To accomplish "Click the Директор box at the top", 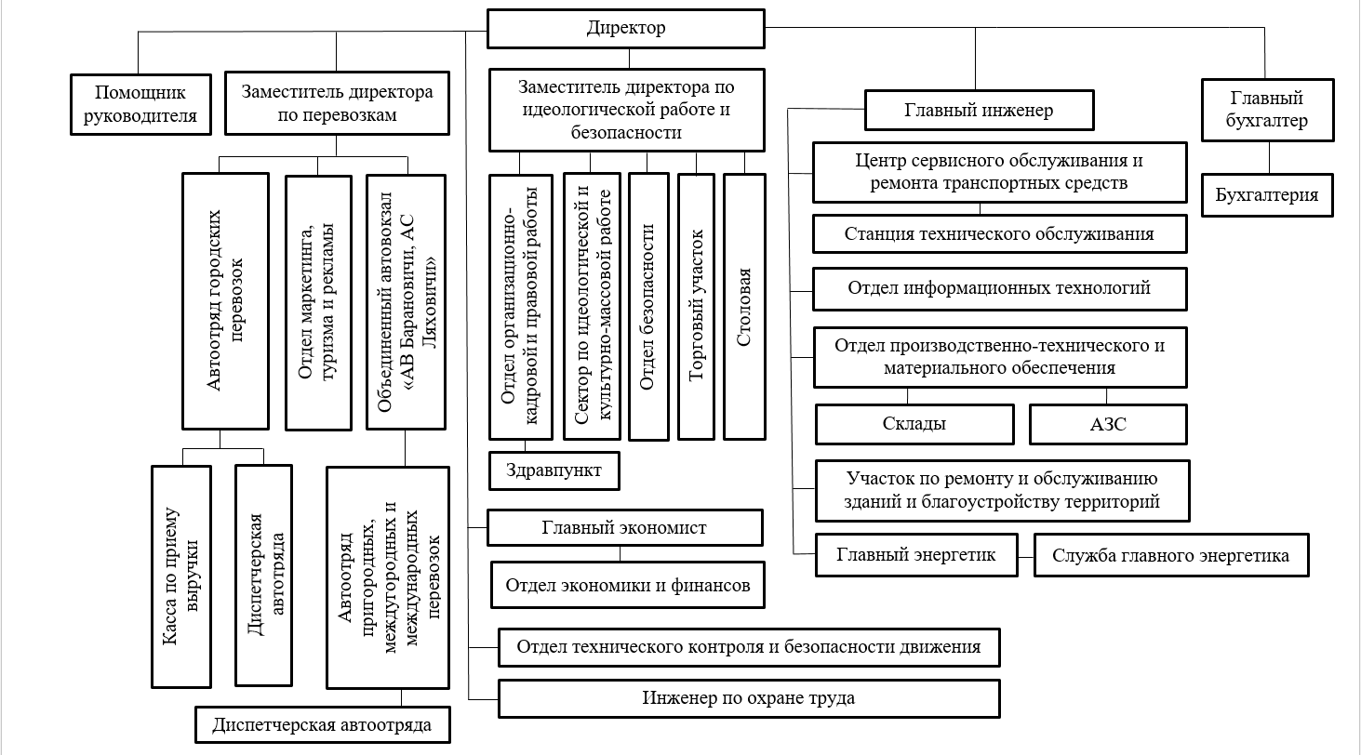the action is click(x=626, y=29).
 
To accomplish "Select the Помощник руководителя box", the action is click(x=141, y=104).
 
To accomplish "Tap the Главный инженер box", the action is click(x=980, y=110).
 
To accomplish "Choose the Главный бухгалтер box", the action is click(x=1267, y=110).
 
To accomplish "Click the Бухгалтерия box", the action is click(x=1267, y=195).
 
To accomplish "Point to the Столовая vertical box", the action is click(x=744, y=307).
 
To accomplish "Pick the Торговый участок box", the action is click(x=696, y=307).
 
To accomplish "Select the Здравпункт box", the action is click(x=554, y=470).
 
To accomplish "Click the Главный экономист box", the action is click(x=624, y=528).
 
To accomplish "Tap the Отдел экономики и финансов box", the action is click(x=628, y=586).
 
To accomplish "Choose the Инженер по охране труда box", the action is click(x=749, y=698).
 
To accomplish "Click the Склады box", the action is click(x=914, y=424).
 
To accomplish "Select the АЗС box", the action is click(x=1108, y=424).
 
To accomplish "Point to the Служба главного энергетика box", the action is click(x=1171, y=555).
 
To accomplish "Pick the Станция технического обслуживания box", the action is click(x=999, y=234).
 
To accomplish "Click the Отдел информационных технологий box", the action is click(x=999, y=288).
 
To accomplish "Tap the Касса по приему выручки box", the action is click(x=181, y=576).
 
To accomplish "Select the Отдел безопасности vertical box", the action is click(x=648, y=307).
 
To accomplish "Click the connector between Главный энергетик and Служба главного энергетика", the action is click(x=1026, y=557).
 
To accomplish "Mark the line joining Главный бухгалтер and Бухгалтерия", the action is click(x=1269, y=158).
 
